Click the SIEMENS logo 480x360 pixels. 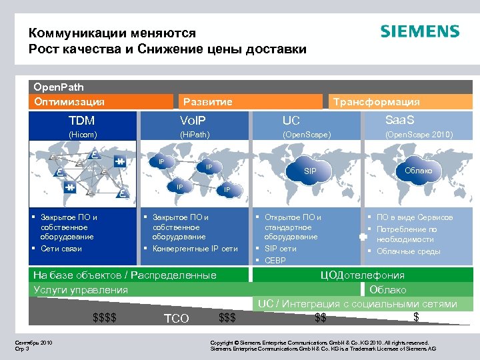click(x=419, y=31)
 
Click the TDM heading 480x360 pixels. click(x=82, y=121)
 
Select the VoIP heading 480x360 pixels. click(x=193, y=121)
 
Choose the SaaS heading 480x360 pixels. click(x=399, y=120)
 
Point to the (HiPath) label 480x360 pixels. click(x=195, y=135)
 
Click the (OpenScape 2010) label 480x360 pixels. click(x=419, y=135)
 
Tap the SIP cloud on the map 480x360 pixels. click(x=310, y=172)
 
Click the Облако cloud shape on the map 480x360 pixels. click(x=418, y=171)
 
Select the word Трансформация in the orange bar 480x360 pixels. click(x=376, y=102)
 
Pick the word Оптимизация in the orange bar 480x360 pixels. click(x=69, y=102)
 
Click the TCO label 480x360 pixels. click(x=176, y=319)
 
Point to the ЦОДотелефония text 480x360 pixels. click(x=363, y=275)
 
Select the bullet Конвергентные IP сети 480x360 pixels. click(x=195, y=249)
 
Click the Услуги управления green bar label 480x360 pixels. click(x=81, y=289)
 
